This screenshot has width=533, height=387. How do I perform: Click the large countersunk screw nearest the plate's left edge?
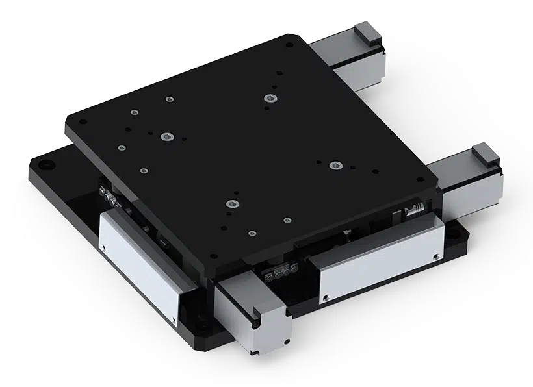(168, 137)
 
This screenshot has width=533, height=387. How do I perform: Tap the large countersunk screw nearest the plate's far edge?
(270, 98)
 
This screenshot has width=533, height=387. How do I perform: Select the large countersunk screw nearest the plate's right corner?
(335, 166)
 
